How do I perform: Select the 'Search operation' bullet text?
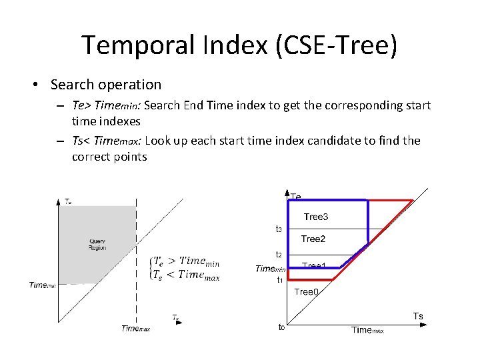pyautogui.click(x=105, y=85)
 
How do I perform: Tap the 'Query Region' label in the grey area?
pyautogui.click(x=97, y=244)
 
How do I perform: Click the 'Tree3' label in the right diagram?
pyautogui.click(x=315, y=217)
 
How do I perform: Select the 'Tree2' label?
pyautogui.click(x=313, y=239)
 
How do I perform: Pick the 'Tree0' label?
pyautogui.click(x=306, y=291)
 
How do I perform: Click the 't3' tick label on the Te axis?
pyautogui.click(x=279, y=229)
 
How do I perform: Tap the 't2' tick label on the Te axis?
pyautogui.click(x=279, y=255)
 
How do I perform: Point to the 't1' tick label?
pyautogui.click(x=280, y=280)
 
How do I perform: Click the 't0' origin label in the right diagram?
pyautogui.click(x=281, y=327)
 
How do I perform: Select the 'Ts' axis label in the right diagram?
pyautogui.click(x=418, y=316)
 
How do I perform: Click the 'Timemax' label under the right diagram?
pyautogui.click(x=367, y=330)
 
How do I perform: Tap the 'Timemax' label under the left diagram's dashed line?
pyautogui.click(x=135, y=328)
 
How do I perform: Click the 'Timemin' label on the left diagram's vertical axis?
pyautogui.click(x=42, y=285)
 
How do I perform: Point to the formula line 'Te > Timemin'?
pyautogui.click(x=187, y=262)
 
